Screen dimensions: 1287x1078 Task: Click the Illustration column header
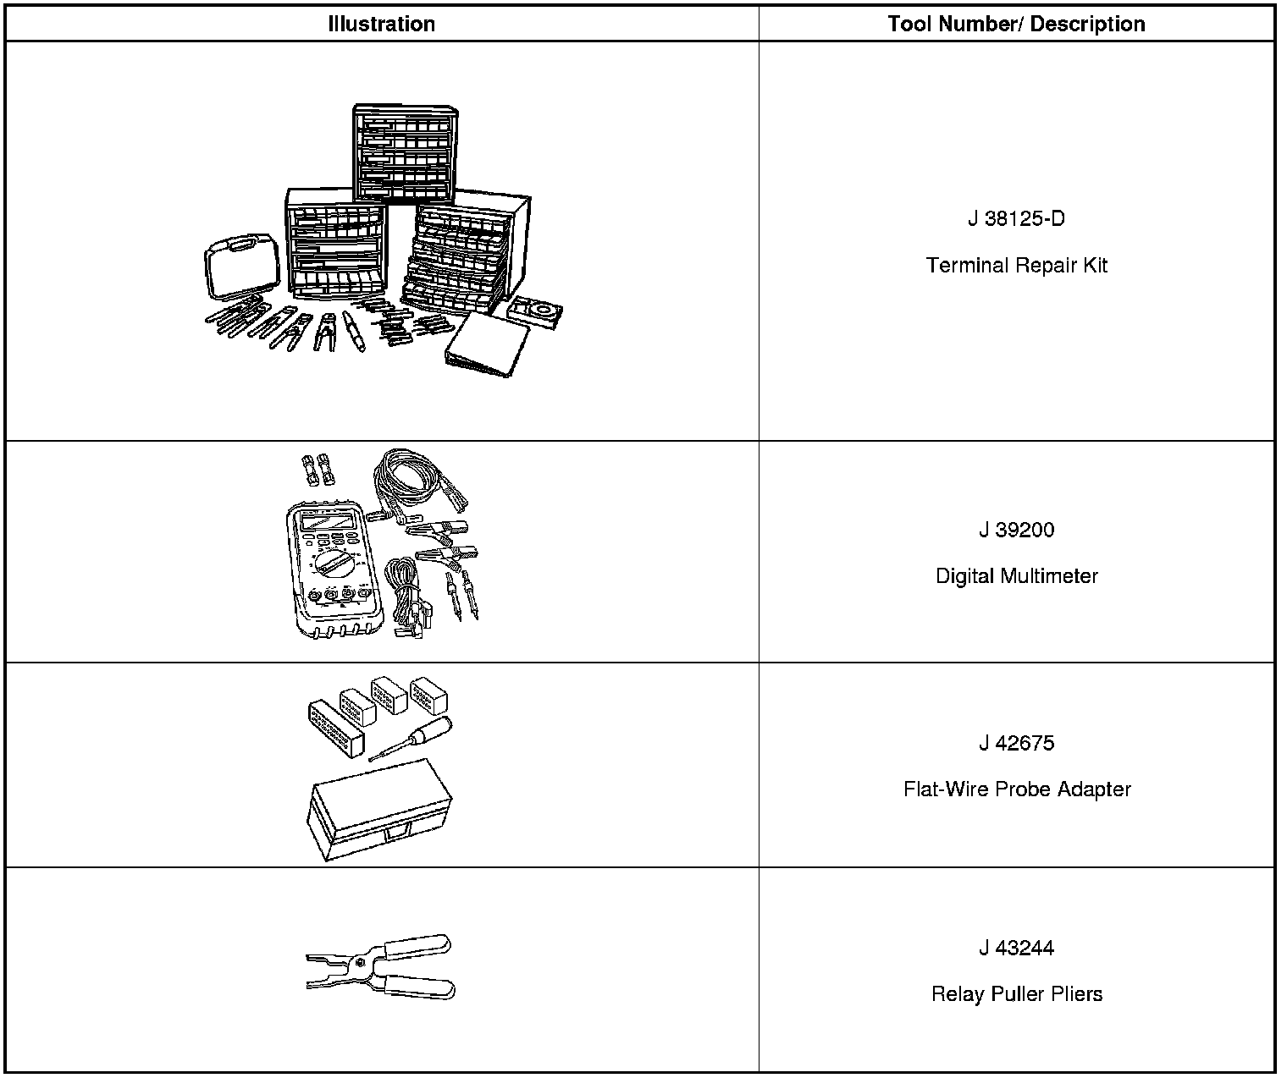click(381, 24)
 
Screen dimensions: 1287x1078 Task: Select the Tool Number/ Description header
click(1016, 24)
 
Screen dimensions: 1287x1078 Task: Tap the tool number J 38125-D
click(1016, 219)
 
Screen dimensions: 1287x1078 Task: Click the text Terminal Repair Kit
click(1016, 266)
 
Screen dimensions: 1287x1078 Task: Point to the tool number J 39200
click(1016, 531)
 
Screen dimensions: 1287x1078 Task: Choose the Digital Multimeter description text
click(1016, 576)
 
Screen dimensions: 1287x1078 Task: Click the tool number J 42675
click(1016, 744)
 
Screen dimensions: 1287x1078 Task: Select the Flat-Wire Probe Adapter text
click(1016, 789)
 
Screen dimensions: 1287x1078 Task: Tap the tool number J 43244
click(1016, 949)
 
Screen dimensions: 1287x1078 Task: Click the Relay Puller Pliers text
click(1016, 994)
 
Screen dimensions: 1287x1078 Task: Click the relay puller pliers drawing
click(381, 966)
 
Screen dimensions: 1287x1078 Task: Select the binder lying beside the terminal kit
click(487, 345)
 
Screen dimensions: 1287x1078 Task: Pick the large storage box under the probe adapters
click(378, 812)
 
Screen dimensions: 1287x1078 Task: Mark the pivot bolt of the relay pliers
click(359, 962)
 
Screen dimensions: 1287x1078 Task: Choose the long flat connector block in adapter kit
click(335, 726)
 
